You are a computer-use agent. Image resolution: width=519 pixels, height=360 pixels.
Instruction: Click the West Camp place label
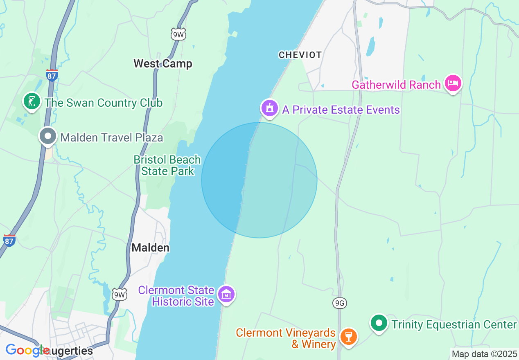[163, 63]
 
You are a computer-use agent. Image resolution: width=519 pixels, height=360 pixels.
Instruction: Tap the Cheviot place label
[300, 55]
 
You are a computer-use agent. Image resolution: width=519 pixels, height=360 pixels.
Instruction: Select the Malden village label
[150, 248]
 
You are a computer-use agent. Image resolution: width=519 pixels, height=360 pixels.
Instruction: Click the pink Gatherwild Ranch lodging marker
[453, 83]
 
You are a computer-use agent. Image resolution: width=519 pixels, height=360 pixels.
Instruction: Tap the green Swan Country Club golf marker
[32, 101]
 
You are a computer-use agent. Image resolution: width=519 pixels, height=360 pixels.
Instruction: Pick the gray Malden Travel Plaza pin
[48, 136]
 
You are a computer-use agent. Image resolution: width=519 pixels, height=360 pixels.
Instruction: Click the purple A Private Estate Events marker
[269, 108]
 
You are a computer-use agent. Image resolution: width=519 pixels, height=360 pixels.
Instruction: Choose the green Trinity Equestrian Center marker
[379, 324]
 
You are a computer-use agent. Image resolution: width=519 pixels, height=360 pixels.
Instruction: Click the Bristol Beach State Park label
[167, 165]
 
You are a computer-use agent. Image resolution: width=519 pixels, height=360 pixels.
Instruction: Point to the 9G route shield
[340, 303]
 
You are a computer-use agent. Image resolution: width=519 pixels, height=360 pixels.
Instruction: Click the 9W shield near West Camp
[178, 34]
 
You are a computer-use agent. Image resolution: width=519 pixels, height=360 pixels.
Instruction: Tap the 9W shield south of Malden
[120, 294]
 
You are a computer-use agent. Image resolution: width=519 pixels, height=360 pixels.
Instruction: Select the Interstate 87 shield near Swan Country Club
[52, 75]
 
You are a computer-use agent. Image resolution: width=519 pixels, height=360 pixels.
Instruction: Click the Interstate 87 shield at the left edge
[9, 241]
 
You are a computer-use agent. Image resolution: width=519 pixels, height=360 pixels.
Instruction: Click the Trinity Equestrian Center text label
[454, 324]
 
